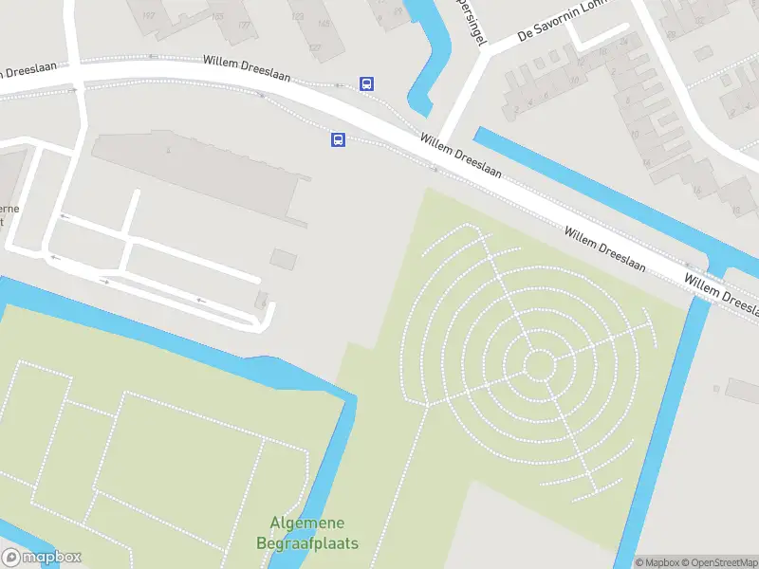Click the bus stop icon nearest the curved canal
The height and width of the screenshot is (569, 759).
366,83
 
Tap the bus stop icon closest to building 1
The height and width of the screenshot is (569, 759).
337,139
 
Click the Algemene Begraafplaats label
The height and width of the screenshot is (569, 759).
306,533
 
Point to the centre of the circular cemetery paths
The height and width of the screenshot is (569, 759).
538,364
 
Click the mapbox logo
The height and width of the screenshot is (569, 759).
42,558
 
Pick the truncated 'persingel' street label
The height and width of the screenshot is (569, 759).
477,23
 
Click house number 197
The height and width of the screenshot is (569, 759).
148,16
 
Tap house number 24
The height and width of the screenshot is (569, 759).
622,42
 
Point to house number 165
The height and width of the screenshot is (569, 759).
217,16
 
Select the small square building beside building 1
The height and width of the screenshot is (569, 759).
283,258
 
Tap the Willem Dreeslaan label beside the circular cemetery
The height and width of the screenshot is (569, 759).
605,249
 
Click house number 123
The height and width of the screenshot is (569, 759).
298,16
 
